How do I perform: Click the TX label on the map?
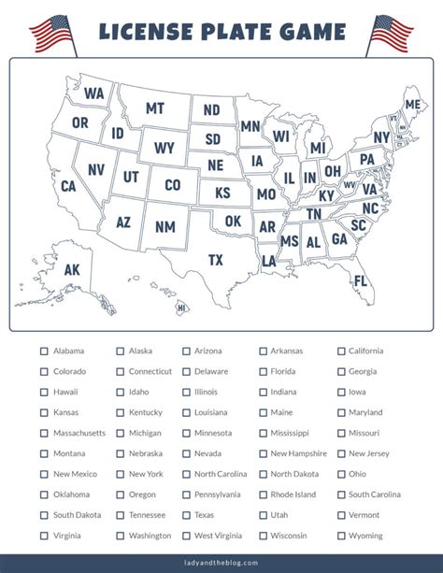216,259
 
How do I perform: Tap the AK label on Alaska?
72,270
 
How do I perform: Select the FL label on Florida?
361,280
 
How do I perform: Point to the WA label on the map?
94,93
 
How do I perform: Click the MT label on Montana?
155,108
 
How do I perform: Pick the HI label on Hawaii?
181,308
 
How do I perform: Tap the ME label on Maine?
411,104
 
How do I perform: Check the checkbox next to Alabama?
44,351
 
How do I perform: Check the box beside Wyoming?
341,536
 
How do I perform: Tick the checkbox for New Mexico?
44,475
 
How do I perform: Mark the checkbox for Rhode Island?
264,495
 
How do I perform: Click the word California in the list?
365,351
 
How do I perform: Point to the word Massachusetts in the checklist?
79,434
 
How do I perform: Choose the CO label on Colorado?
172,185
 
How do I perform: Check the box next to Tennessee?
121,515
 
